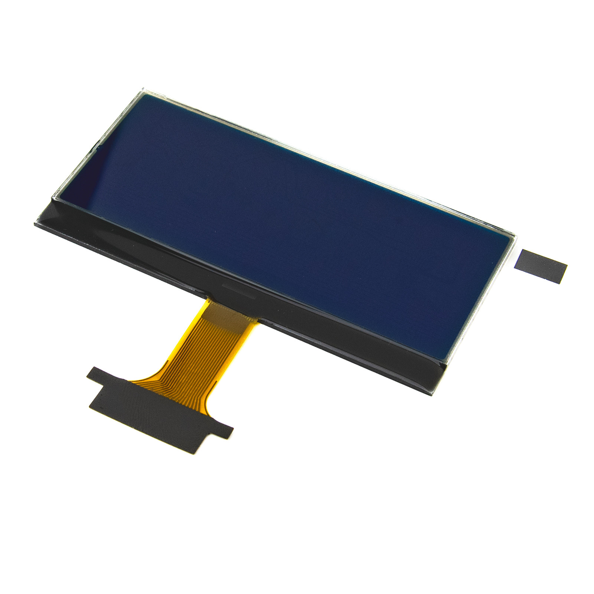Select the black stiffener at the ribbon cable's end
[156, 408]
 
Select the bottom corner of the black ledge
[431, 395]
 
